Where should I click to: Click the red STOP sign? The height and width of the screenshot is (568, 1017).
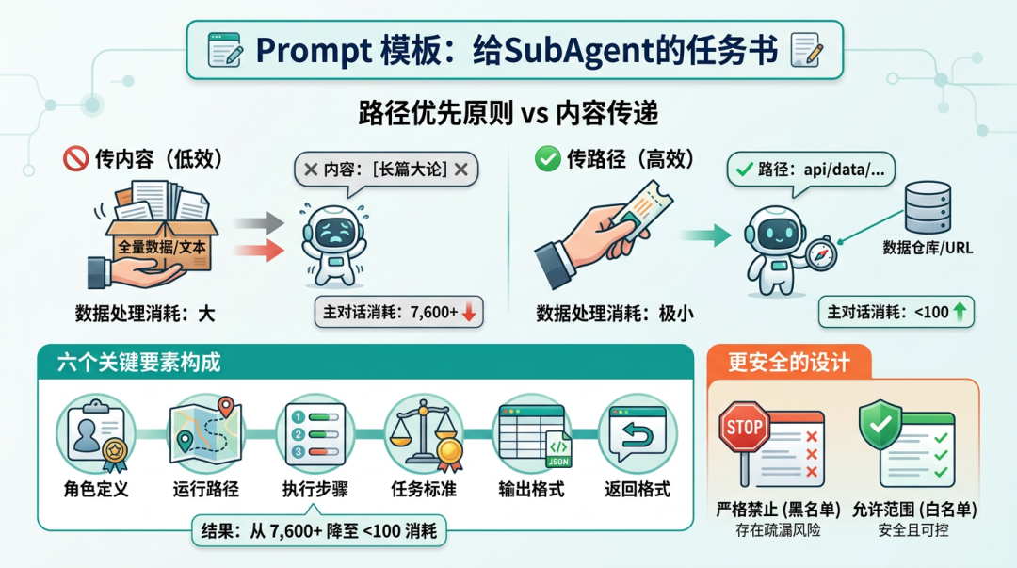744,427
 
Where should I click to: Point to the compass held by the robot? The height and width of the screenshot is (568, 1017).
821,254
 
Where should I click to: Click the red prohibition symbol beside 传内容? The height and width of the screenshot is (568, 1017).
75,158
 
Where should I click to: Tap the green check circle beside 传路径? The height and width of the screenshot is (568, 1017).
547,158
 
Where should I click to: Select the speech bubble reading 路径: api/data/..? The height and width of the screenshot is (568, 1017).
811,170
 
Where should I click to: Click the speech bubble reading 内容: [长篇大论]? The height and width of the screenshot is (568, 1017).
387,170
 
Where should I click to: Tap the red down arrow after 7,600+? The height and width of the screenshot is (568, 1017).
469,312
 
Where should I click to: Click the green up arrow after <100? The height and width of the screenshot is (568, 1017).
960,311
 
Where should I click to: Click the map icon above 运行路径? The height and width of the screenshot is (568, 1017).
205,432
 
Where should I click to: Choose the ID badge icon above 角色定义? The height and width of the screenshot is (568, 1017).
96,433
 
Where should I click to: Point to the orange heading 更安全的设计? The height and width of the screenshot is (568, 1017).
789,363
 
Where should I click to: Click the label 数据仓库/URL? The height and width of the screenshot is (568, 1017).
928,248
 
